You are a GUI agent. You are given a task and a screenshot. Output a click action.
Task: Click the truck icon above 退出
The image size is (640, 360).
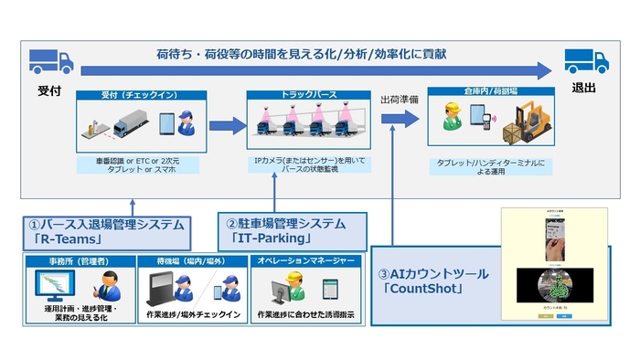[587, 62]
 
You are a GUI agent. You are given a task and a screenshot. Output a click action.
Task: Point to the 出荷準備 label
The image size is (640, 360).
[400, 100]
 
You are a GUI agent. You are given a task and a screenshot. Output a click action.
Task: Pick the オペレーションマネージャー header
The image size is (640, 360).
[304, 261]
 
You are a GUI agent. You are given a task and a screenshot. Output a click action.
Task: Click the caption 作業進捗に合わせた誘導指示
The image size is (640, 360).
[304, 316]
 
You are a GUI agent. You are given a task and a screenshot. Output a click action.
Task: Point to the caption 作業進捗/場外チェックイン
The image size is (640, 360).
[193, 316]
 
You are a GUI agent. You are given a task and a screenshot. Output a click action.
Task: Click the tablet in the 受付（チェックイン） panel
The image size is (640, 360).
[166, 123]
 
